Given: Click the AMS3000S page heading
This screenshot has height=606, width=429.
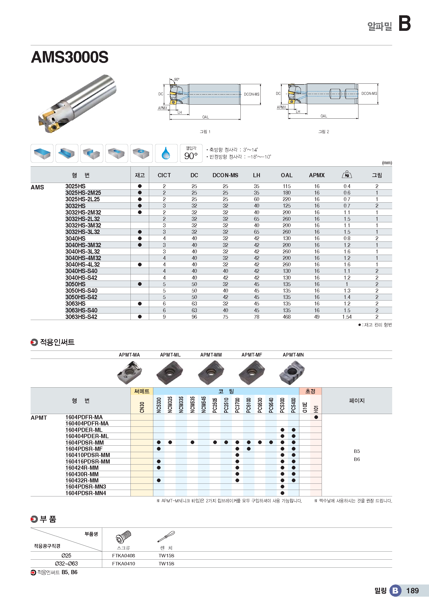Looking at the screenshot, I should click(70, 57).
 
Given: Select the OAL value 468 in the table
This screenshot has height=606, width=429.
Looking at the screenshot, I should click(286, 317).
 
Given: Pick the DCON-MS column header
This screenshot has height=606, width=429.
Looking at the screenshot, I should click(225, 175).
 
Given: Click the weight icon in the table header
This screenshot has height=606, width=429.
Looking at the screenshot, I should click(347, 174).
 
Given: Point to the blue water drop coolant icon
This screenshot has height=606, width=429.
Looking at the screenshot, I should click(166, 153).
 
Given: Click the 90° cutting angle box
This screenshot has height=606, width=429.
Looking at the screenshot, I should click(191, 153).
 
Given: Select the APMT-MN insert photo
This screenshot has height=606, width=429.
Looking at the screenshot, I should click(292, 372).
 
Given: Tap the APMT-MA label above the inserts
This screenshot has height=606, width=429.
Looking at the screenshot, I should click(129, 355).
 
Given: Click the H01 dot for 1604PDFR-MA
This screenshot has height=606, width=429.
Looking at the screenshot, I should click(316, 417).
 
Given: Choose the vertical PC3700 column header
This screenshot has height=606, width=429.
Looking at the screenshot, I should click(237, 405).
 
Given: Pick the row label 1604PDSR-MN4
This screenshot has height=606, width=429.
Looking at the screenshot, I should click(86, 493).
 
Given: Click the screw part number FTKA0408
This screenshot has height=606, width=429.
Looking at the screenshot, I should click(123, 555).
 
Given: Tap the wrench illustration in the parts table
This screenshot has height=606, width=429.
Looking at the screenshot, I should click(166, 537).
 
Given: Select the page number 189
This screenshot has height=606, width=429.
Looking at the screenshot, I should click(412, 591).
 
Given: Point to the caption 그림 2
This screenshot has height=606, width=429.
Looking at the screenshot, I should click(323, 132).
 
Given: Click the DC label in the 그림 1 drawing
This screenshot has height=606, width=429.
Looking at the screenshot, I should click(161, 94).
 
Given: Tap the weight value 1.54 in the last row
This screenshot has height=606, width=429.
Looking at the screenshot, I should click(347, 317).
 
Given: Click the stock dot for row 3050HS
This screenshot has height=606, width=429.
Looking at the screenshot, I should click(140, 284).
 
